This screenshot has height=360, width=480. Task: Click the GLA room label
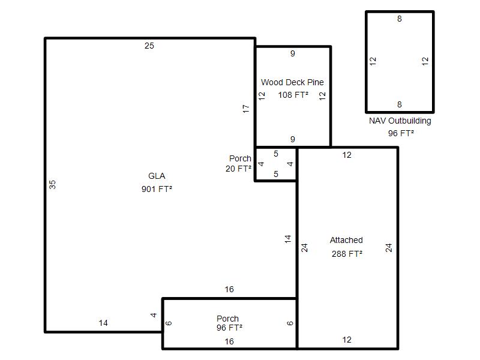[157, 176]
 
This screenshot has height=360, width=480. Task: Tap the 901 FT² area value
[157, 189]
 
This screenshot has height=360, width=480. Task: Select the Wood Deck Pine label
[292, 82]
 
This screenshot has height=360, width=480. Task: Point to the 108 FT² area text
[293, 95]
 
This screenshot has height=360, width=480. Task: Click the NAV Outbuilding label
[400, 121]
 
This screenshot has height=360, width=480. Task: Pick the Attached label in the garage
[346, 240]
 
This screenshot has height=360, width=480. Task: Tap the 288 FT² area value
[347, 254]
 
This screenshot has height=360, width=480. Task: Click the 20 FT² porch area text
[238, 169]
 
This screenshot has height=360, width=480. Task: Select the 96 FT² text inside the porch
[229, 328]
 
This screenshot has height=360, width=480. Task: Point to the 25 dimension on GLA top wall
[149, 46]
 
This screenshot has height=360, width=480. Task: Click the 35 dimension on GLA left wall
[52, 185]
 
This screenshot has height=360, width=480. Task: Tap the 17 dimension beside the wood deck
[246, 109]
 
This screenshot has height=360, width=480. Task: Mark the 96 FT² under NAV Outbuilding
[401, 133]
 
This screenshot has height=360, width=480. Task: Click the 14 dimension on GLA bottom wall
[103, 323]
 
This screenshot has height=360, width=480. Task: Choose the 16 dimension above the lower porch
[229, 289]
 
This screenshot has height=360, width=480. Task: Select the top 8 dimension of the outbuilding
[400, 19]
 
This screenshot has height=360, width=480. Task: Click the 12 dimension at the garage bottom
[347, 340]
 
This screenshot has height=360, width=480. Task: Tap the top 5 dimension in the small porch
[276, 154]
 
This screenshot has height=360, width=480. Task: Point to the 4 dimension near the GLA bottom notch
[154, 315]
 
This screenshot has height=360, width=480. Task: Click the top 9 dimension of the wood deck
[293, 53]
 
